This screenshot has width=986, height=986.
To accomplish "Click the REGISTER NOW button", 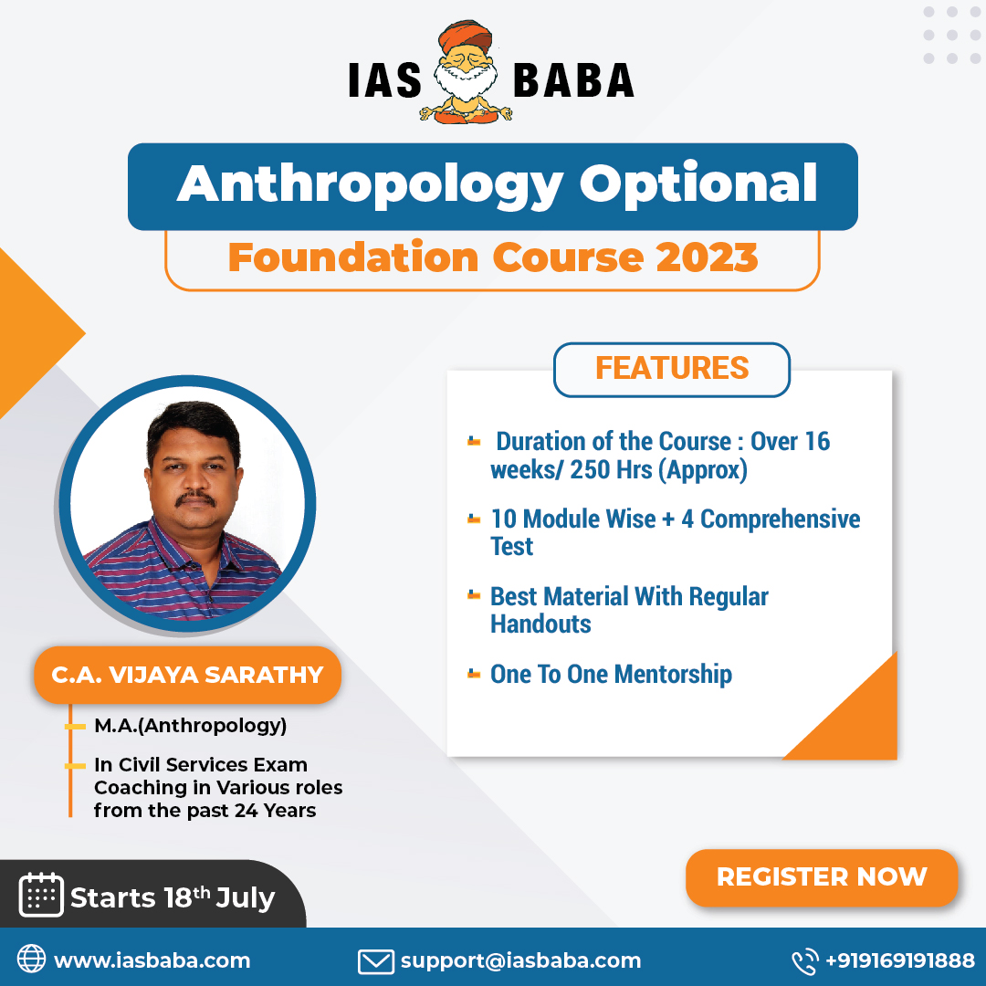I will tap(821, 877).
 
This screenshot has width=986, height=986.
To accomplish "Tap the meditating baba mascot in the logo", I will tap(467, 74).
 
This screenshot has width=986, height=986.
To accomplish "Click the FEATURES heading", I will tap(672, 368).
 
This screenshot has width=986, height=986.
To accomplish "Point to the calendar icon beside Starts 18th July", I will tap(40, 895).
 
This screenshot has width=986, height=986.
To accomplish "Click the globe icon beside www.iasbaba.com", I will tap(32, 960).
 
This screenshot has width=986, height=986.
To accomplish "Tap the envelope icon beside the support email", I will tap(374, 960).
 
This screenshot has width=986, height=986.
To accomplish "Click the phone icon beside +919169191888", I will tap(804, 960).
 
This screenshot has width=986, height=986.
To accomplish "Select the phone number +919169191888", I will tap(899, 960).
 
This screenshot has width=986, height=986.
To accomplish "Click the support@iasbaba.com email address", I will tap(520, 960).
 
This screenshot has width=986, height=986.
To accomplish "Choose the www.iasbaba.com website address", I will tap(152, 960).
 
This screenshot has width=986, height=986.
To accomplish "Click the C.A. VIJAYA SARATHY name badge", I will tap(187, 676).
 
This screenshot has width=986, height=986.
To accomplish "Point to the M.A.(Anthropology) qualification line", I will tap(190, 727).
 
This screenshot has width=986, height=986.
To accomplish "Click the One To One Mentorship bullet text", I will tap(611, 675).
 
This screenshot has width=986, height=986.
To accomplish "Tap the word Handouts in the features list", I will tap(540, 624).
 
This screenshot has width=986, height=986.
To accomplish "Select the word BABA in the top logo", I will tap(573, 79).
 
